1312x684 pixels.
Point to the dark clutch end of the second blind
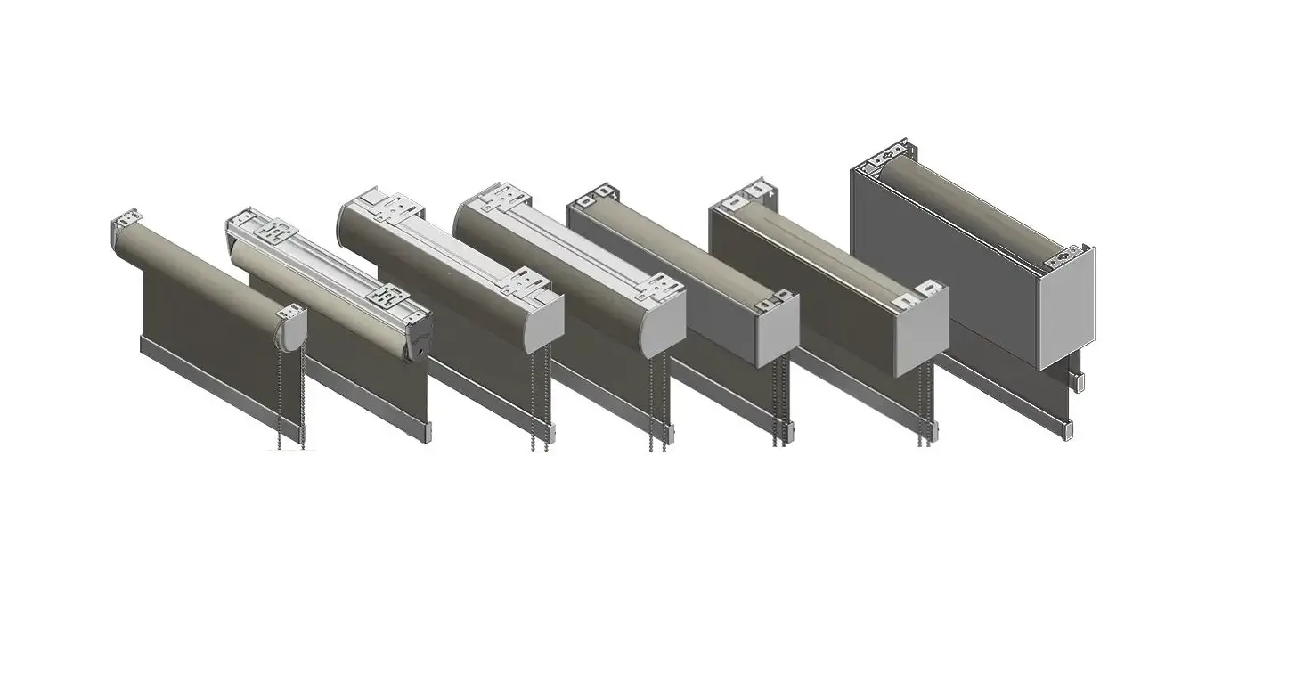(420, 338)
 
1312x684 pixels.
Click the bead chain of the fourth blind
(656, 401)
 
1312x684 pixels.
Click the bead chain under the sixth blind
(926, 410)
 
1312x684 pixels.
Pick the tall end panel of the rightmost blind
(1066, 307)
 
